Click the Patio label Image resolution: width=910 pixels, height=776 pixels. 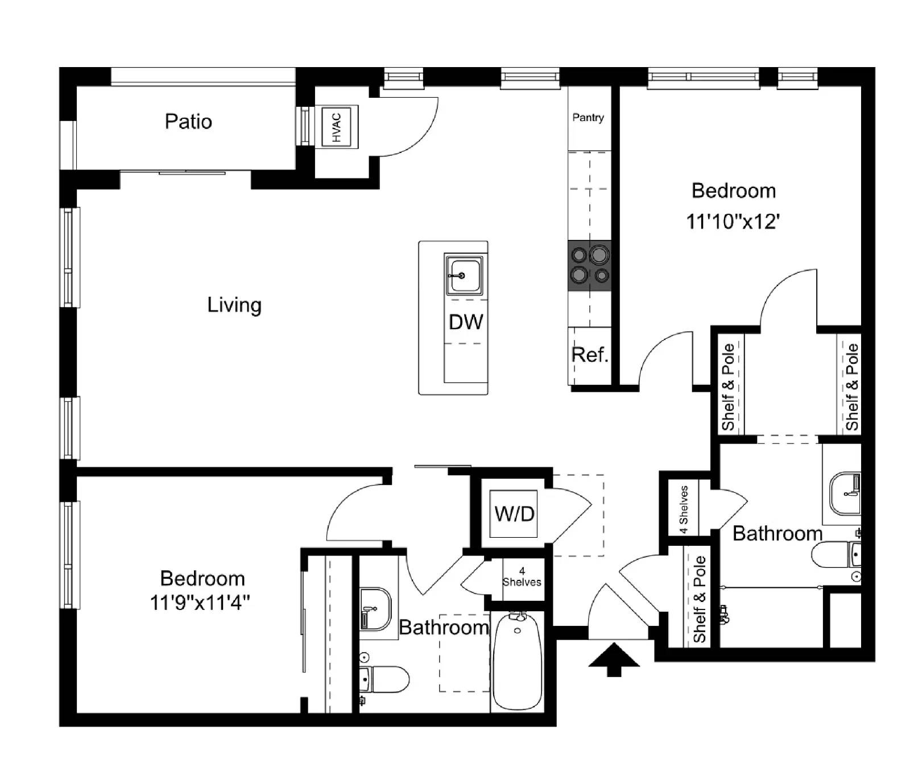(188, 122)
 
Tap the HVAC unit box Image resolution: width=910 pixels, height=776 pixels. (337, 127)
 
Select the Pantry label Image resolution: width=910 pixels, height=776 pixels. (588, 118)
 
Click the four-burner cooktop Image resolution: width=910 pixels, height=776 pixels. (590, 265)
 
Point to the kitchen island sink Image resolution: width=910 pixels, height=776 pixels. (464, 275)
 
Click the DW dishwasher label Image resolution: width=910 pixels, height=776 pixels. (466, 322)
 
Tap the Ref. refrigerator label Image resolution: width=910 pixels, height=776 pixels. (590, 355)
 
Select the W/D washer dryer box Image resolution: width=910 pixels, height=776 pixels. (515, 514)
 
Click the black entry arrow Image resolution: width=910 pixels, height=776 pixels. (614, 659)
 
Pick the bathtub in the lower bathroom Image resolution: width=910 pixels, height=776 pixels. (516, 662)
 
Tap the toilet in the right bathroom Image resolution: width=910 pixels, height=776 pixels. (835, 555)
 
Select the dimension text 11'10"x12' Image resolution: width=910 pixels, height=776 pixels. (733, 221)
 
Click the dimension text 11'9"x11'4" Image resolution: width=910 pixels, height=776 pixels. (200, 602)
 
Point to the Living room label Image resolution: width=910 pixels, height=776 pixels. (234, 305)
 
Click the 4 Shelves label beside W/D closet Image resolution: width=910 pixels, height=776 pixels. (522, 577)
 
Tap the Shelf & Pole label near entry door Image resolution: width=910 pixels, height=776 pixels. (699, 599)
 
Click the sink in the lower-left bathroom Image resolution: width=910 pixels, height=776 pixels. (375, 609)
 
